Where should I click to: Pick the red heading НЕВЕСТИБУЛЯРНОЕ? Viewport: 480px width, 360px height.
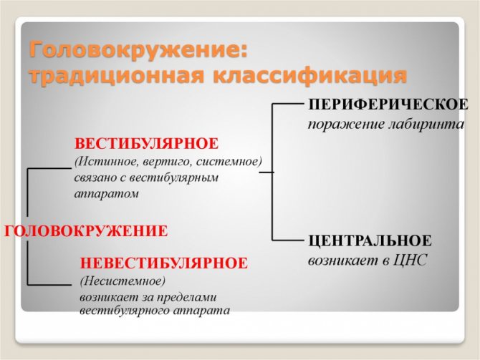click(164, 263)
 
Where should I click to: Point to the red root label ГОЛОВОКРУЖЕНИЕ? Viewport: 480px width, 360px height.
click(87, 231)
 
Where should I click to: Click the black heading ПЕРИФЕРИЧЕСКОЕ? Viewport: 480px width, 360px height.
click(388, 105)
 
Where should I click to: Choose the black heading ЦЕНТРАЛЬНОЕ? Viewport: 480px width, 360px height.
click(370, 240)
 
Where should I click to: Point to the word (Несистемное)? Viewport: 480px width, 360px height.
click(123, 280)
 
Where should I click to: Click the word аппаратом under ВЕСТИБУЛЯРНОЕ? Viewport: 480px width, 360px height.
click(106, 193)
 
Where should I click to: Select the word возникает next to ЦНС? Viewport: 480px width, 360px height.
click(341, 260)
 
